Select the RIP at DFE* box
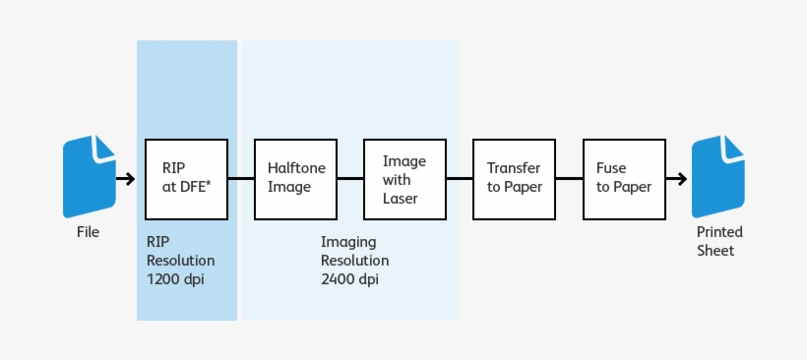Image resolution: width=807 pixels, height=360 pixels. tap(186, 178)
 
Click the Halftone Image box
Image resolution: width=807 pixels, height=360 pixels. tap(295, 178)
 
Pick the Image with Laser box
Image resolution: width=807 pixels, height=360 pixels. tap(404, 178)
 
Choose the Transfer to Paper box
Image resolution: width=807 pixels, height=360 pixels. tap(514, 178)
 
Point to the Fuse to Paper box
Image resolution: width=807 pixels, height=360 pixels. tap(623, 178)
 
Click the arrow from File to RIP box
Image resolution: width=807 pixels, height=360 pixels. tap(125, 179)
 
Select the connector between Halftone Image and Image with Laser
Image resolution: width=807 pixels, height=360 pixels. tap(350, 179)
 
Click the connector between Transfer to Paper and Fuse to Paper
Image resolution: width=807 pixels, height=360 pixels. tap(569, 179)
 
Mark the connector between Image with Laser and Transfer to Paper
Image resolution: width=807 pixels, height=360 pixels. tap(460, 179)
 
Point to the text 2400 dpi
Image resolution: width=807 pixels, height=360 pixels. tap(349, 279)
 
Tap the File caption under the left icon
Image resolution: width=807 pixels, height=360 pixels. tap(89, 233)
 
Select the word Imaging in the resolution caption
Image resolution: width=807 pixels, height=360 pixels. tap(348, 242)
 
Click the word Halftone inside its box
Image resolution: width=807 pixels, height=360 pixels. tap(296, 168)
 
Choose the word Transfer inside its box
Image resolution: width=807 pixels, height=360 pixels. tap(514, 168)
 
